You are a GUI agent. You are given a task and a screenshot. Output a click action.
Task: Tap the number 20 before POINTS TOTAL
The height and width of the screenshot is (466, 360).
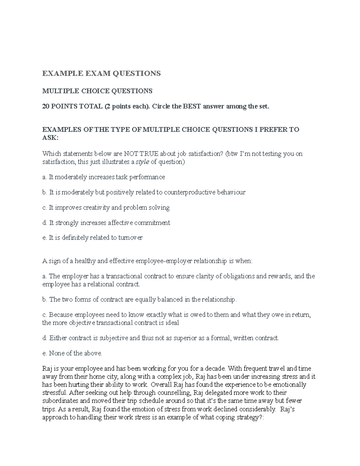(46, 107)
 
